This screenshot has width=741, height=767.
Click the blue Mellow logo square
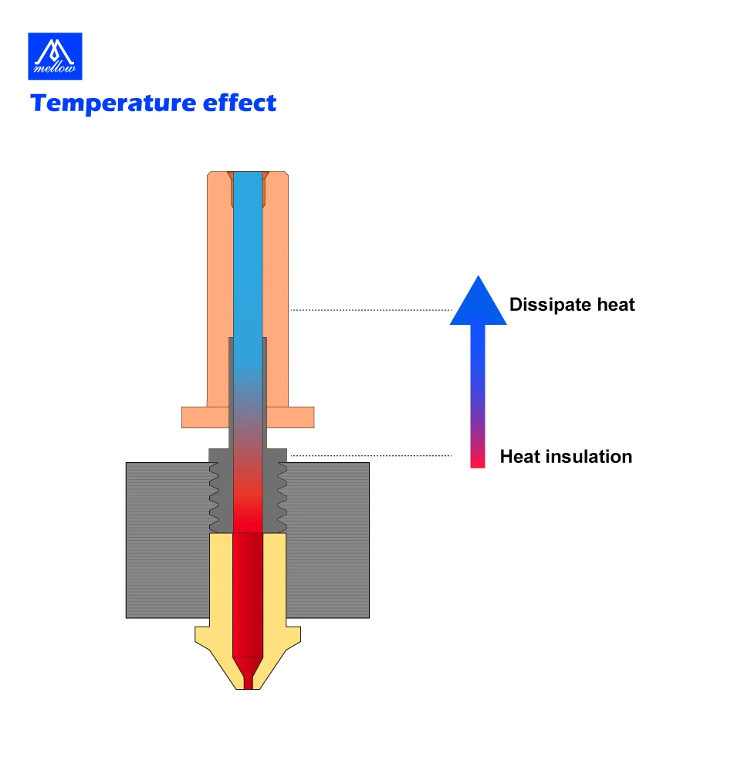coord(55,56)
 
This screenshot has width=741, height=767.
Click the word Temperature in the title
coord(113,103)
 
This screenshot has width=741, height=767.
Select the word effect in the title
coord(239,103)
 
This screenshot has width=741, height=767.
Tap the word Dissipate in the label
coord(550,305)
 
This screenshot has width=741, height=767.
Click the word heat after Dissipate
coord(616,304)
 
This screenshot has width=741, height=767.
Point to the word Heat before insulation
coord(519,456)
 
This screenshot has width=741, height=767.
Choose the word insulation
coord(589,456)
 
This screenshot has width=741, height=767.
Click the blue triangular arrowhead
coord(478,303)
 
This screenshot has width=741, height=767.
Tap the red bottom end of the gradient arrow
coord(478,460)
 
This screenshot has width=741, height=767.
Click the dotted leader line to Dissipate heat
coord(371,309)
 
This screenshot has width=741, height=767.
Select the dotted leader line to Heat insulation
coord(371,455)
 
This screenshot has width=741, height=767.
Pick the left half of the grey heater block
coord(167,540)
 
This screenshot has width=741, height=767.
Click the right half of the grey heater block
coord(327,540)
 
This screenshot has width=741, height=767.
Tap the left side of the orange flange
coord(205,417)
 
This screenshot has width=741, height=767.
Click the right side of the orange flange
coord(290,417)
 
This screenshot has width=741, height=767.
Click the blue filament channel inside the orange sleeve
coord(248,269)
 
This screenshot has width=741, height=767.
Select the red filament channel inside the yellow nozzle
coord(248,594)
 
